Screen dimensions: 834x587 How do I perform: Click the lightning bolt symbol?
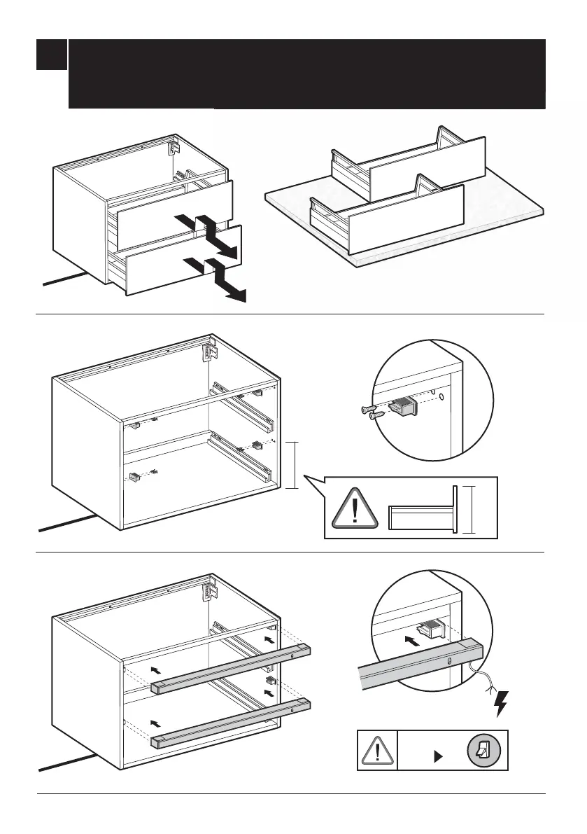point(500,703)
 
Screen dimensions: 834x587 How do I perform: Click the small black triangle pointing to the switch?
point(439,756)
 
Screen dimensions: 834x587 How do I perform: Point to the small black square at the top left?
point(52,55)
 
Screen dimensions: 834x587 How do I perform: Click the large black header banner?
point(306,74)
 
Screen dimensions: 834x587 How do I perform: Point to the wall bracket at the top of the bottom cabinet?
point(208,590)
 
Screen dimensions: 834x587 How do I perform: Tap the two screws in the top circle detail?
point(369,412)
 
